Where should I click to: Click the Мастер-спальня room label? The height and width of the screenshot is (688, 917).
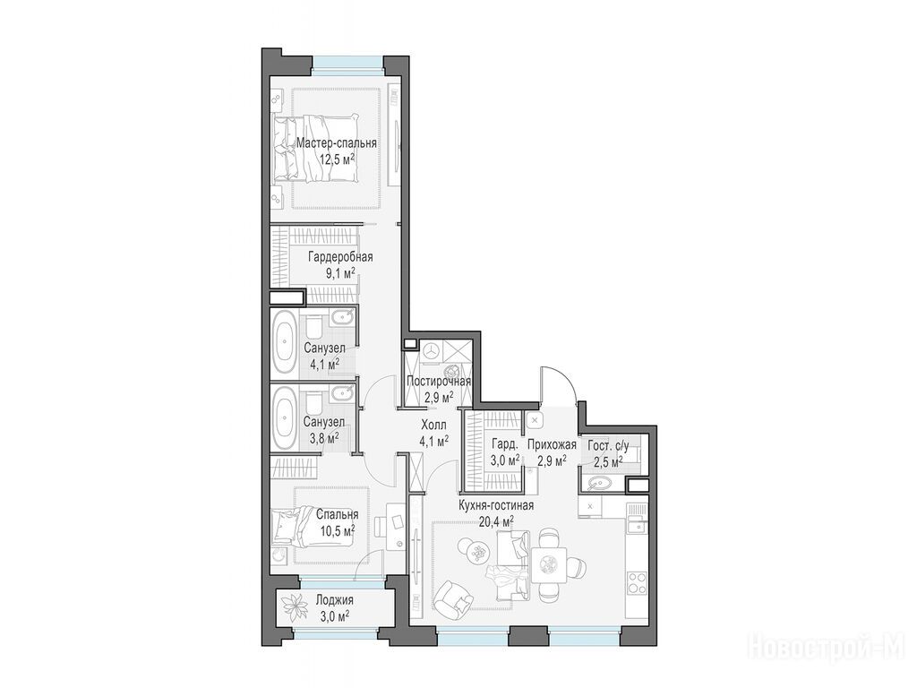click(336, 142)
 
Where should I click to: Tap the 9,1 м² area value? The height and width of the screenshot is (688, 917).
click(340, 272)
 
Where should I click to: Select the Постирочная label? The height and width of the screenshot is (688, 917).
click(439, 382)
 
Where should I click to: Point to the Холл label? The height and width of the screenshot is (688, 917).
click(433, 424)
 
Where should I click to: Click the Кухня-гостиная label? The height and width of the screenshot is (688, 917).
click(496, 505)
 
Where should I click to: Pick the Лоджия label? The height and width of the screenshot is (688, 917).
click(334, 600)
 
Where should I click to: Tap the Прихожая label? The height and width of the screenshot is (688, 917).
click(552, 444)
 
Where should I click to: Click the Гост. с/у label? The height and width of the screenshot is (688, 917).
click(608, 447)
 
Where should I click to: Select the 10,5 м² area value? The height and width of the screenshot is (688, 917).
click(338, 530)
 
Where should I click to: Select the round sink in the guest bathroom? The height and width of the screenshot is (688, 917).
click(597, 483)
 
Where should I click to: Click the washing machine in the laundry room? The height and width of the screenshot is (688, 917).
click(433, 350)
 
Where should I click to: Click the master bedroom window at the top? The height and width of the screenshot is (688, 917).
click(348, 63)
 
